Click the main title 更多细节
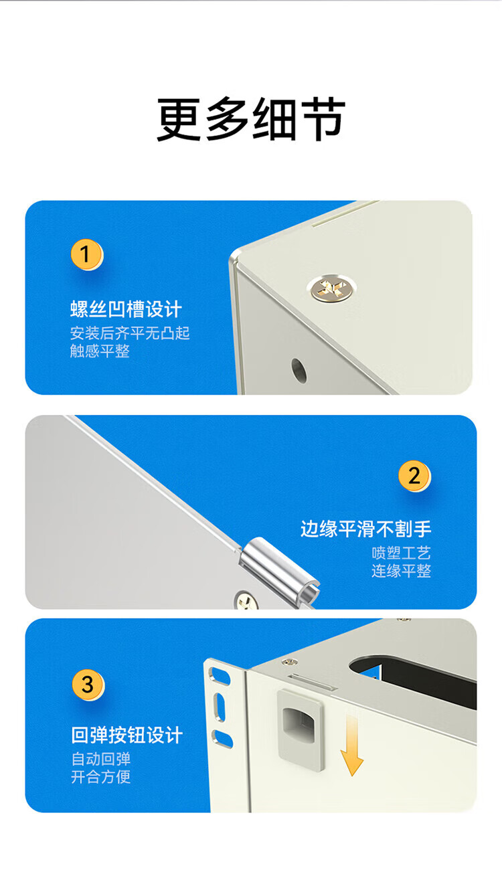click(251, 119)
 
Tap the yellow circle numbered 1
click(86, 254)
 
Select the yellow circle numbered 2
click(414, 476)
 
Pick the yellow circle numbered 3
click(88, 685)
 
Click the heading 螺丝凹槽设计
click(126, 309)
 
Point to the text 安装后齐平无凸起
click(130, 333)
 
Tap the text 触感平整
click(100, 351)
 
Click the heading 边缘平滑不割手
click(365, 529)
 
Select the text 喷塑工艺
click(402, 553)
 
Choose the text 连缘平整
click(402, 571)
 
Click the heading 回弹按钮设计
click(127, 735)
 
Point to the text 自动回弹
click(101, 759)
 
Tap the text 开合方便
click(101, 777)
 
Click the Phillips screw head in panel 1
click(331, 288)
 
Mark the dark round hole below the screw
click(299, 371)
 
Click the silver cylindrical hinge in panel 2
click(279, 569)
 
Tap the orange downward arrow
click(352, 744)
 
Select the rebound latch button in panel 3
click(301, 730)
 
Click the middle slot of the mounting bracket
click(219, 707)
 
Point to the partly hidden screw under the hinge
click(246, 600)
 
